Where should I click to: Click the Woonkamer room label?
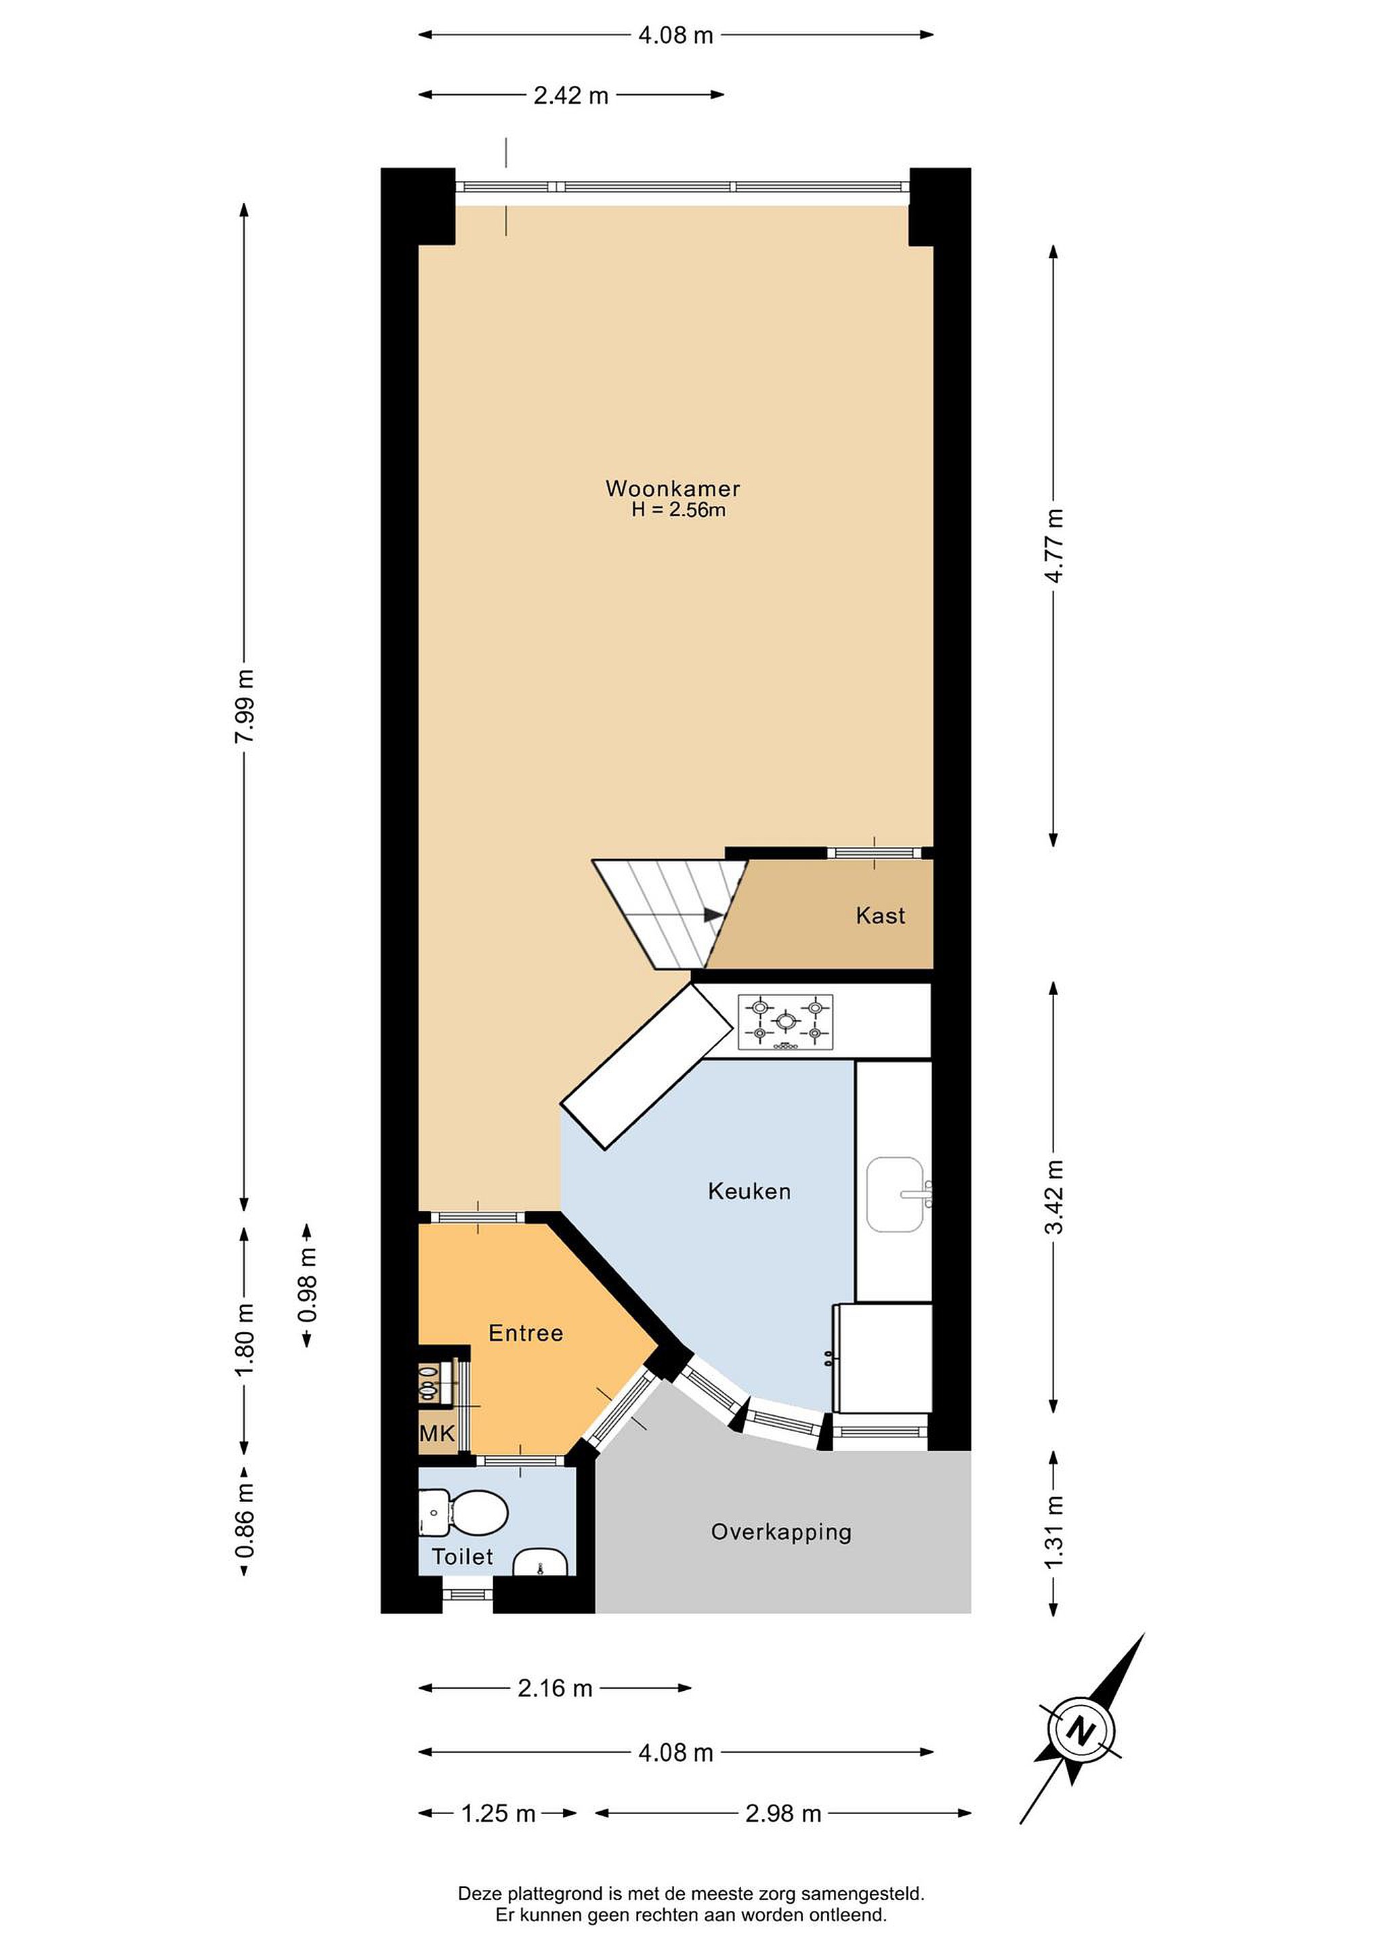[x=672, y=488]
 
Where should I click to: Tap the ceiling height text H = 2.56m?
[x=678, y=510]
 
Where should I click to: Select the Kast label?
[x=880, y=915]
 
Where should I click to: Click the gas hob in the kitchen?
[x=786, y=1022]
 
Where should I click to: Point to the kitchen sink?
[x=896, y=1194]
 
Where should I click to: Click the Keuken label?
[x=749, y=1192]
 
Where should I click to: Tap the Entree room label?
[x=526, y=1333]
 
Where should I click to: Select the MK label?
[x=438, y=1433]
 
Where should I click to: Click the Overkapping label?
[x=782, y=1532]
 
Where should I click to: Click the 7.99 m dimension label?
[x=245, y=706]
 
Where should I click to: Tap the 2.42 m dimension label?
[x=571, y=95]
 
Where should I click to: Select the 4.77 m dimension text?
[x=1053, y=545]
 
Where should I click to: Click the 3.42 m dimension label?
[x=1053, y=1197]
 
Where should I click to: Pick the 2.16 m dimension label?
[x=555, y=1687]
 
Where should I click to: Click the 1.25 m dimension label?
[x=498, y=1813]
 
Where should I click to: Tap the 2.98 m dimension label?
[x=783, y=1813]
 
